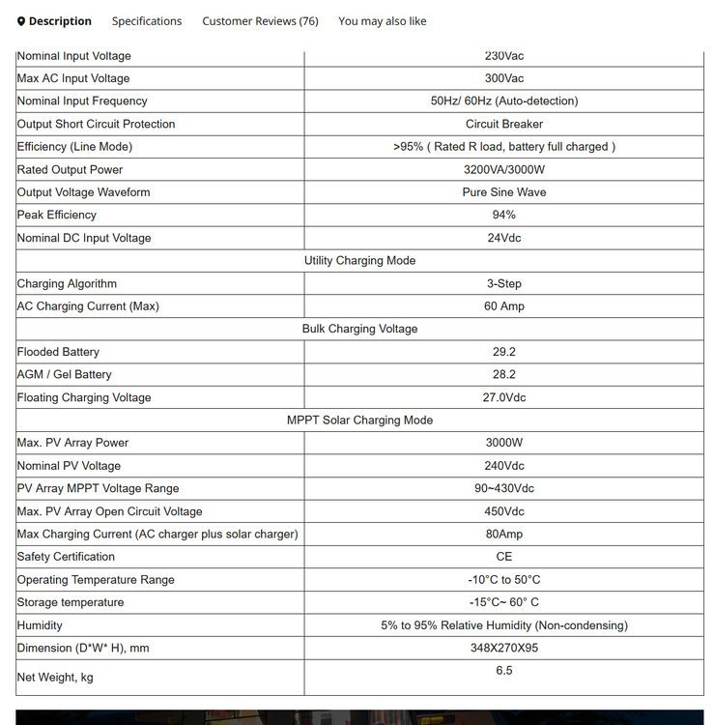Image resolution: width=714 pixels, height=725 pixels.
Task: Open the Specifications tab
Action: pyautogui.click(x=146, y=21)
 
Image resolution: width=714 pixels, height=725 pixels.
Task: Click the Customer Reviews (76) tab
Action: pyautogui.click(x=260, y=21)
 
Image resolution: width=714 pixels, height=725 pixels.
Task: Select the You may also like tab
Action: pyautogui.click(x=382, y=21)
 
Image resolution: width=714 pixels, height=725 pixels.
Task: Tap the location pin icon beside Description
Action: pyautogui.click(x=21, y=21)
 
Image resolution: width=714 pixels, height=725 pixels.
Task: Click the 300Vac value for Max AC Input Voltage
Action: pyautogui.click(x=504, y=78)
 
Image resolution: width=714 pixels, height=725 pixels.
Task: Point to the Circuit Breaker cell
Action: pyautogui.click(x=504, y=124)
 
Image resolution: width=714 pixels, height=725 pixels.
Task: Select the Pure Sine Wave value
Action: pyautogui.click(x=504, y=192)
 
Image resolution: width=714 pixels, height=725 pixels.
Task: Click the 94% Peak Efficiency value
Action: pyautogui.click(x=504, y=215)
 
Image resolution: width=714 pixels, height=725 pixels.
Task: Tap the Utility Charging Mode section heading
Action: pyautogui.click(x=359, y=261)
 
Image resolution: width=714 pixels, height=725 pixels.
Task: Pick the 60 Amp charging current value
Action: pyautogui.click(x=504, y=306)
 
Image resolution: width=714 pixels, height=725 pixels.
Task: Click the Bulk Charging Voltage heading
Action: pyautogui.click(x=359, y=329)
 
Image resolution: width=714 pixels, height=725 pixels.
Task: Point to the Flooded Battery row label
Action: pyautogui.click(x=58, y=352)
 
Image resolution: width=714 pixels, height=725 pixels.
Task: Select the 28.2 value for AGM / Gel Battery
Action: pyautogui.click(x=504, y=374)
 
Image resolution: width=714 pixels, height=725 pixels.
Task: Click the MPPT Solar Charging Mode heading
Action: pyautogui.click(x=359, y=420)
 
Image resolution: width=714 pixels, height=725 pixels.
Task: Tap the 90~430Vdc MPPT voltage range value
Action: pyautogui.click(x=504, y=488)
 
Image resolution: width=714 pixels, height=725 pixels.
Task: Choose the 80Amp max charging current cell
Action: pyautogui.click(x=504, y=534)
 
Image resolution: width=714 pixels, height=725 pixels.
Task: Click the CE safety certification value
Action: pyautogui.click(x=504, y=557)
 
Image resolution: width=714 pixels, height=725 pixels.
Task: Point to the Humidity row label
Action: pyautogui.click(x=40, y=625)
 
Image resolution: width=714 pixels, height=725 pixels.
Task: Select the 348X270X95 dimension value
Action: pyautogui.click(x=504, y=648)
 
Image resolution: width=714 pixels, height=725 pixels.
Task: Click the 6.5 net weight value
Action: pyautogui.click(x=504, y=670)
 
